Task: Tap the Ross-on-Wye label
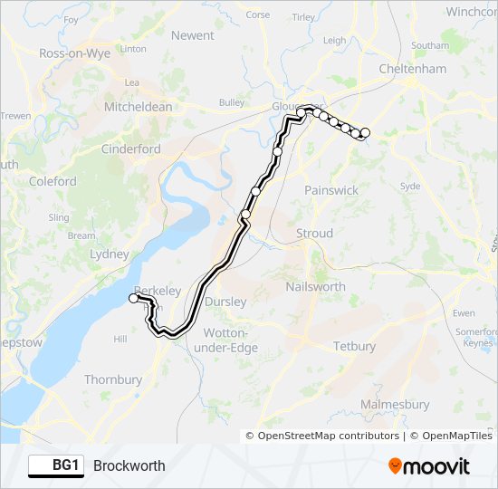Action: tap(74, 53)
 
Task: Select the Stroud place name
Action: tap(314, 234)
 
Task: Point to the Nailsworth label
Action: tap(315, 286)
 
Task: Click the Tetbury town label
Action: tap(354, 347)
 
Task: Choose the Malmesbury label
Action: tap(395, 404)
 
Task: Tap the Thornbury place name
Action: tap(113, 380)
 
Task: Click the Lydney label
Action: tap(110, 254)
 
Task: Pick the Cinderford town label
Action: tap(131, 149)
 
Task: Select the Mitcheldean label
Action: tap(139, 107)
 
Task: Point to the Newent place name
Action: tap(193, 36)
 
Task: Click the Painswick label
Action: tap(331, 191)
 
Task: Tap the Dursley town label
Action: tap(226, 302)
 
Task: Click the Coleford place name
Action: tap(53, 181)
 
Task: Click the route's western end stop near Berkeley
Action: tap(134, 298)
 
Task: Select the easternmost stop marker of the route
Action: tap(365, 133)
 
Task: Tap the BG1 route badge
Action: tap(54, 465)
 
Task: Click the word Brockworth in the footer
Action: tap(129, 465)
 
